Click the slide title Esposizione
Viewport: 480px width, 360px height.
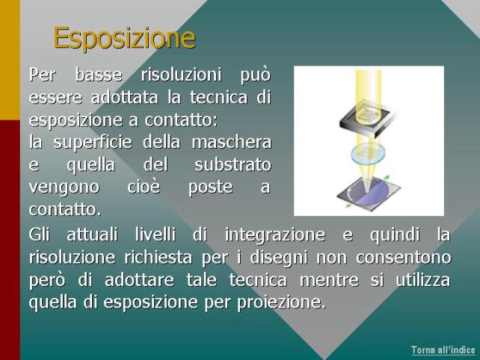coord(124,38)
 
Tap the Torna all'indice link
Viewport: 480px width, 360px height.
coord(443,350)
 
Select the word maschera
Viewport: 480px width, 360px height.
coord(232,142)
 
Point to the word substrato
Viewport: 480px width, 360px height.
coord(233,164)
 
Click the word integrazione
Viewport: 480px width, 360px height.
coord(275,235)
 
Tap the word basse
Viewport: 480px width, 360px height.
coord(99,75)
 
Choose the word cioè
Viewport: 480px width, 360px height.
coord(144,187)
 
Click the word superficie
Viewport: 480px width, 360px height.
coord(93,143)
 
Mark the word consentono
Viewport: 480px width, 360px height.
coord(404,258)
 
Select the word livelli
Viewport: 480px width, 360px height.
coord(156,235)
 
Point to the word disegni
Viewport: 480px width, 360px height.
coord(279,258)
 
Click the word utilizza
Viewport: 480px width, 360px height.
coord(423,280)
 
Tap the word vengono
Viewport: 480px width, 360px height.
coord(64,187)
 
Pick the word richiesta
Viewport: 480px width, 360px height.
coord(158,257)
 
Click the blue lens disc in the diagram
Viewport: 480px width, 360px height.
coord(368,153)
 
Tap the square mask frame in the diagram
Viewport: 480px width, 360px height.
coord(367,120)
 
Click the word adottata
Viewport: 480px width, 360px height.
coord(124,97)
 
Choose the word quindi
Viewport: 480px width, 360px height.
coord(395,235)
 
